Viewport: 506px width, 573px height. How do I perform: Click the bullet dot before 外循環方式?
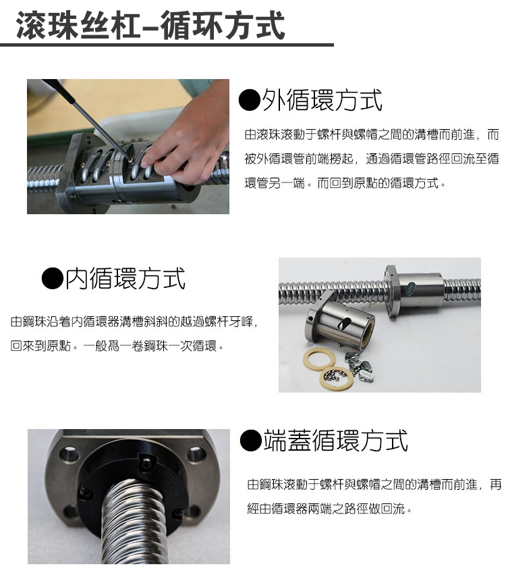[250, 100]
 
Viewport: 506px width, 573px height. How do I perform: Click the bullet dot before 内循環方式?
[53, 278]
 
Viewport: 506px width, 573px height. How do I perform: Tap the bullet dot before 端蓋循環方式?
[252, 441]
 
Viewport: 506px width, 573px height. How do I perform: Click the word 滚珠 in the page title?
[47, 25]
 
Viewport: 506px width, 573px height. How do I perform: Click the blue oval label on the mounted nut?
[410, 289]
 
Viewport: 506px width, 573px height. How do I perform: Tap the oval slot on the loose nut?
[344, 324]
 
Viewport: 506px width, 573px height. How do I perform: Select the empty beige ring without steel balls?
[319, 359]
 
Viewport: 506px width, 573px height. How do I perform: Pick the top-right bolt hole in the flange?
[196, 455]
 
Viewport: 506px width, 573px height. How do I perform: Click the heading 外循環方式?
[322, 100]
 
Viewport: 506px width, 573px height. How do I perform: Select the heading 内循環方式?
[125, 278]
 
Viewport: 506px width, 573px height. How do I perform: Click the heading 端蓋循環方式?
[335, 441]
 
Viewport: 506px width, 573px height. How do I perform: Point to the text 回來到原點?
[40, 346]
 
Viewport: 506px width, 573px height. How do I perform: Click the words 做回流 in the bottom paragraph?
[387, 508]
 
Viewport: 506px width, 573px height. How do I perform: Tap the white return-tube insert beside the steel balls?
[366, 375]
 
